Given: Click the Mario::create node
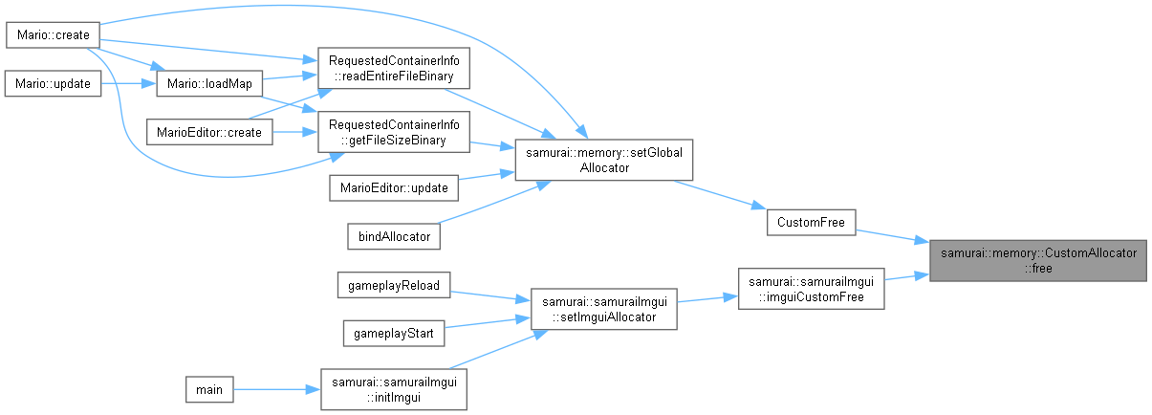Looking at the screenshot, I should pos(54,35).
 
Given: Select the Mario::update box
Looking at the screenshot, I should pos(53,83).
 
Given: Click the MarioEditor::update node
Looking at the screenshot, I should pos(393,187).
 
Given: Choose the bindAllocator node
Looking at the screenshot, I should pos(393,235).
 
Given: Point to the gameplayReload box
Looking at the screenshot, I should pos(393,285).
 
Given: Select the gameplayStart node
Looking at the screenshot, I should pos(393,333).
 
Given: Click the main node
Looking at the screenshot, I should pos(209,389).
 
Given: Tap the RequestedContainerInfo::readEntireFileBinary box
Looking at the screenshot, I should pos(393,68).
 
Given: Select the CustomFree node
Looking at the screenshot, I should pos(811,222).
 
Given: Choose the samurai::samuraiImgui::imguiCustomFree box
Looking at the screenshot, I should pos(811,289).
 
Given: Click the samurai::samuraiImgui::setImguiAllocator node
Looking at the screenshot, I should pos(603,309).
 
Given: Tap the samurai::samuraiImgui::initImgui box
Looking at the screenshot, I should pos(393,389).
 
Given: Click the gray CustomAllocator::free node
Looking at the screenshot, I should pos(1038,260).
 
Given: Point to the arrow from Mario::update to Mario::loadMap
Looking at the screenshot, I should pos(128,83).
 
